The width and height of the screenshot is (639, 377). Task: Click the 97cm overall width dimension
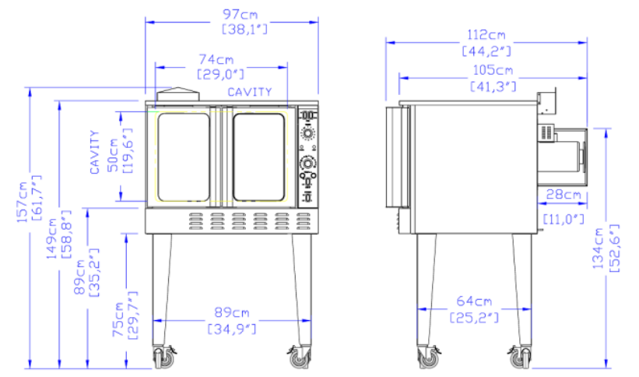click(x=240, y=14)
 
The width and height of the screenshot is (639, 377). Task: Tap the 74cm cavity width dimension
click(x=216, y=59)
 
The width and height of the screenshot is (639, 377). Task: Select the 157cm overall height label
click(x=22, y=203)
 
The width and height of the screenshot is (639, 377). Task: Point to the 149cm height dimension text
click(x=51, y=238)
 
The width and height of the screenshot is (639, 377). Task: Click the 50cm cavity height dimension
click(x=113, y=155)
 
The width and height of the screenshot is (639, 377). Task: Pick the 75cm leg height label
click(x=118, y=319)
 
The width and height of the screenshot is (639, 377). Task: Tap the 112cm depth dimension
click(x=486, y=35)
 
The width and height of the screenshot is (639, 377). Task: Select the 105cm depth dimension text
click(x=493, y=70)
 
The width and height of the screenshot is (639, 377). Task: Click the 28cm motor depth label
click(x=564, y=194)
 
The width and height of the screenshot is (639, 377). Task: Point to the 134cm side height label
click(x=598, y=248)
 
